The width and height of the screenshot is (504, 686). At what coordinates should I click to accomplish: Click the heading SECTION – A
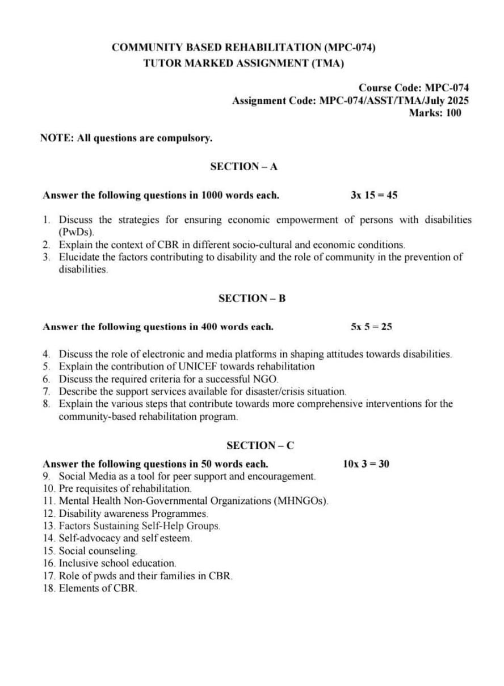pos(243,166)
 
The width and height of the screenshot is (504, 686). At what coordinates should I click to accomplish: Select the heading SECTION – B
pos(251,298)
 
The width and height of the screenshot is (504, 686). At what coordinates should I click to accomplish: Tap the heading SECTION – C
pos(260,445)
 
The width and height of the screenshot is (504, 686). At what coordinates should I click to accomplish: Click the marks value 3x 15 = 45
pos(374,195)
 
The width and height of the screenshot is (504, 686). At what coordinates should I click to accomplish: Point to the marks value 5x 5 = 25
pos(371,327)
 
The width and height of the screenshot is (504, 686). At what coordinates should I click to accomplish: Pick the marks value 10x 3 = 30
pos(366,464)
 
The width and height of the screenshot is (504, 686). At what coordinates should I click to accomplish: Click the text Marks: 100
pos(435,112)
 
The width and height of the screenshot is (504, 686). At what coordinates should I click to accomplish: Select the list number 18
pos(49,588)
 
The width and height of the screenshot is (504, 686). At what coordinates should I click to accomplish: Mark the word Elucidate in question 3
pos(79,257)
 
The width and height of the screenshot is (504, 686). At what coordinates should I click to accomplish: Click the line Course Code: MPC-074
pos(413,88)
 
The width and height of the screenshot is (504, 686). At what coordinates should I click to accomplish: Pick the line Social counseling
pos(98,551)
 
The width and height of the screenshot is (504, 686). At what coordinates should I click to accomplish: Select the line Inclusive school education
pos(117,563)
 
